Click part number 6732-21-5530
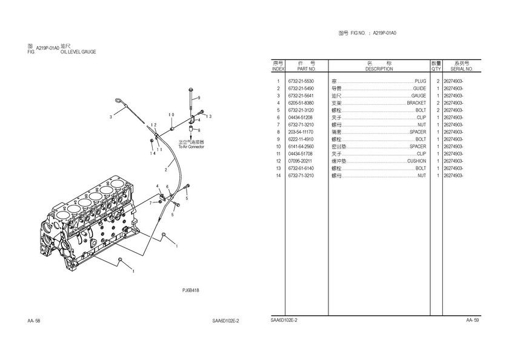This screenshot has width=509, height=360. coord(301,81)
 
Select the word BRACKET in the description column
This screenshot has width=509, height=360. coord(416,103)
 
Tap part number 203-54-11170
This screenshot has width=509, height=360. coord(301,132)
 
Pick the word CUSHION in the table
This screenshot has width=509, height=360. coord(416,161)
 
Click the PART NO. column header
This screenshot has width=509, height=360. coord(301,69)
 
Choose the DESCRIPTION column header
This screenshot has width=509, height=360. coord(379,69)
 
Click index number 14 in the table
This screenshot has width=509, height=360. coord(278,176)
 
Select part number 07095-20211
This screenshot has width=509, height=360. coord(301,161)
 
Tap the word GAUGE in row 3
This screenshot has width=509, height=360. coord(419,96)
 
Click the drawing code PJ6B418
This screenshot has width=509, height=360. coord(190,290)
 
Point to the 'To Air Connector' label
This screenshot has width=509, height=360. coord(191,147)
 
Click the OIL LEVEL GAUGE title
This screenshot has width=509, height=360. coord(78,52)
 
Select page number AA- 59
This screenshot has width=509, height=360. coord(473,319)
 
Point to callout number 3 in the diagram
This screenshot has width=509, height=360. coord(110,116)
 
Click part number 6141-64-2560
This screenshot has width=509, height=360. coord(301,147)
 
